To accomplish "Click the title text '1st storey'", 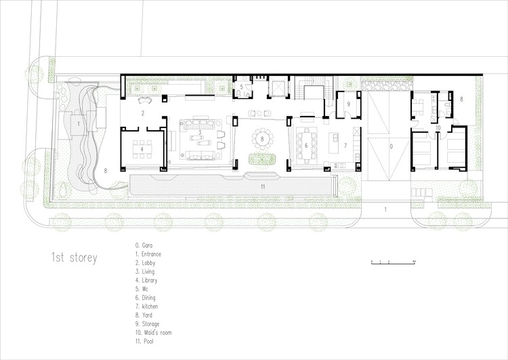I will point(75,258).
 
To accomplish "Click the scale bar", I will point(392,262).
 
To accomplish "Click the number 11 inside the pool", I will point(262,184).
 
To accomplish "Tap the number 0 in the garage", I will point(389,145).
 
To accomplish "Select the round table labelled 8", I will point(263,140).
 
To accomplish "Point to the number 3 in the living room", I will point(199,133).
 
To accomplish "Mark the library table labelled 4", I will point(142,148).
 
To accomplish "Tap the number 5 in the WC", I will point(240,87).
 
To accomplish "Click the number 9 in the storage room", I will point(347,104).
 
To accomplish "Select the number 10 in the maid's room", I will point(438,127).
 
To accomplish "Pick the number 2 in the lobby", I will point(143,113).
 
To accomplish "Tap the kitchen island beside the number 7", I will point(333,144).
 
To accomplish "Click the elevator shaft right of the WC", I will point(276,88).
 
